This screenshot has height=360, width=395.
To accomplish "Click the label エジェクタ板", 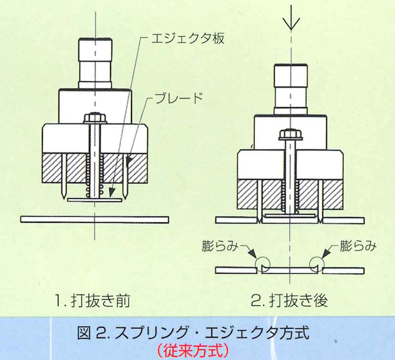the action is [x=188, y=39].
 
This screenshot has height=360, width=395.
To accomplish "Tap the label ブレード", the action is [x=178, y=98].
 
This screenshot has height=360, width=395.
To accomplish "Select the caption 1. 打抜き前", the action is [x=92, y=301].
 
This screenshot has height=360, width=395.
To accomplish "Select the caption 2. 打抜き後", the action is [x=289, y=301].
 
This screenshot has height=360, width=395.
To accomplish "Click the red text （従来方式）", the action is [x=193, y=351].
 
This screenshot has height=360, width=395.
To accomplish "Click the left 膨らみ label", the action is [x=220, y=246].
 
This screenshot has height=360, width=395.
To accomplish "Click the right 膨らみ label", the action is [x=358, y=246].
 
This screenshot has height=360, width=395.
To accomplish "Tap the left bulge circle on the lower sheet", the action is [x=262, y=265].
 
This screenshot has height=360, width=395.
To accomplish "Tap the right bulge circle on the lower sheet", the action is [x=317, y=265].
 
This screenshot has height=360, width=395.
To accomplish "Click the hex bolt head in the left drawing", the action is [x=95, y=117].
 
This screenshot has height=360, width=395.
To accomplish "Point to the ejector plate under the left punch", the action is [x=95, y=200].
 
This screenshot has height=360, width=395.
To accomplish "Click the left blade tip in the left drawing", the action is [x=64, y=197].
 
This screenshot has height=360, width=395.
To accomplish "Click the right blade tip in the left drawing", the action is [x=125, y=197].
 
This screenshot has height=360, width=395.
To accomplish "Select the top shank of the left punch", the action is [x=95, y=63].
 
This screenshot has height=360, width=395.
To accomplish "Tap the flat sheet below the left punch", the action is [x=95, y=219].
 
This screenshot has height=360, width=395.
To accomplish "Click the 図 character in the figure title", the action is [x=84, y=333].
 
